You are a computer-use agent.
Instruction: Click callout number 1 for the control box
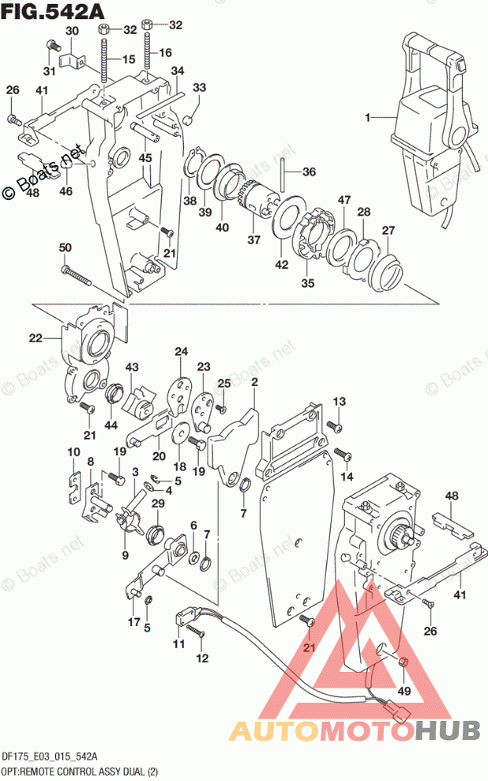click(366, 118)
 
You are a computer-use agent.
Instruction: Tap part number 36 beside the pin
click(309, 172)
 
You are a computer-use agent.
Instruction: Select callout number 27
click(388, 230)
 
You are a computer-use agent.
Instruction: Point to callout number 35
click(308, 282)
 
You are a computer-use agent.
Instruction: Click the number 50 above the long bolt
click(65, 248)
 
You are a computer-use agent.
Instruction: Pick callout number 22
click(35, 339)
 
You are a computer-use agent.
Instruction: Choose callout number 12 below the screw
click(202, 658)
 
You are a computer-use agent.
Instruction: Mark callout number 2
click(254, 383)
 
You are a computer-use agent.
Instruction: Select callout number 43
click(131, 367)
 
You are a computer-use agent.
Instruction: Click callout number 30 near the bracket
click(72, 31)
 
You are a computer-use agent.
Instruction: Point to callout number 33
click(200, 87)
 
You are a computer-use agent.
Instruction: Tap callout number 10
click(73, 451)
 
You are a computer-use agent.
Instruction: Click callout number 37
click(253, 238)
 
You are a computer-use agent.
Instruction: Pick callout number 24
click(181, 352)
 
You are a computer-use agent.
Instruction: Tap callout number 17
click(134, 621)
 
